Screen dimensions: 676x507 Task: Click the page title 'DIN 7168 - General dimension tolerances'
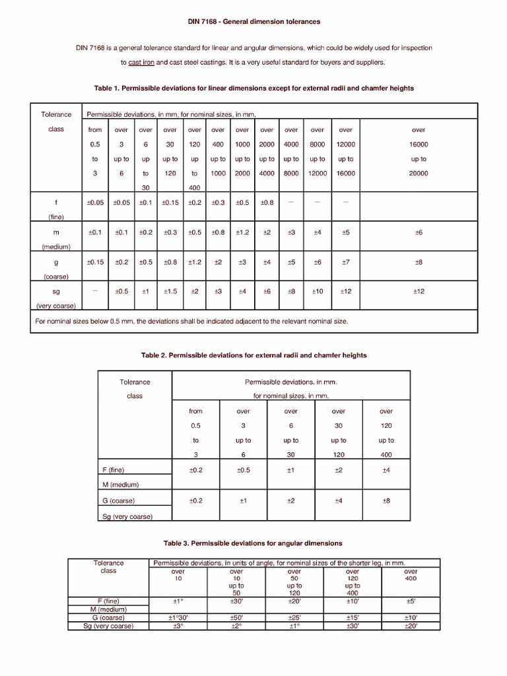[x=253, y=22]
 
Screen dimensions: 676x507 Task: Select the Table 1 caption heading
[x=254, y=88]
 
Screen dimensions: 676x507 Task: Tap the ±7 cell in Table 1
[x=345, y=262]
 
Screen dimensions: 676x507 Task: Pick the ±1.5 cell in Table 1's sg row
[x=170, y=291]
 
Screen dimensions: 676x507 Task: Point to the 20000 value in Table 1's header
[x=419, y=173]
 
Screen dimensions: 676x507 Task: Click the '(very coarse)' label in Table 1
[x=56, y=306]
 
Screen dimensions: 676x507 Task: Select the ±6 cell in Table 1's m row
[x=419, y=232]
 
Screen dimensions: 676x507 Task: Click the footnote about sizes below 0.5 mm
[x=191, y=321]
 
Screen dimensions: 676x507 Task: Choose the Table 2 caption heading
[x=254, y=355]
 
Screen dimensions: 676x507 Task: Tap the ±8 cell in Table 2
[x=386, y=501]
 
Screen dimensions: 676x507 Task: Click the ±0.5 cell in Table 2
[x=243, y=470]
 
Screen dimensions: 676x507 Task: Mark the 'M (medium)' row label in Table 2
[x=125, y=485]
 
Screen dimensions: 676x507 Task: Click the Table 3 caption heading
[x=253, y=543]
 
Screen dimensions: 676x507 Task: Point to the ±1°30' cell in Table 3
[x=178, y=617]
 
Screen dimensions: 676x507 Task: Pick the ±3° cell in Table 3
[x=178, y=626]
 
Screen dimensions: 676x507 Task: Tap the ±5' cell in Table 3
[x=410, y=601]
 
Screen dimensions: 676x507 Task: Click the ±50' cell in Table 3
[x=236, y=617]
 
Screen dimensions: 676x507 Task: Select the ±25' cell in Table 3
[x=294, y=617]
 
